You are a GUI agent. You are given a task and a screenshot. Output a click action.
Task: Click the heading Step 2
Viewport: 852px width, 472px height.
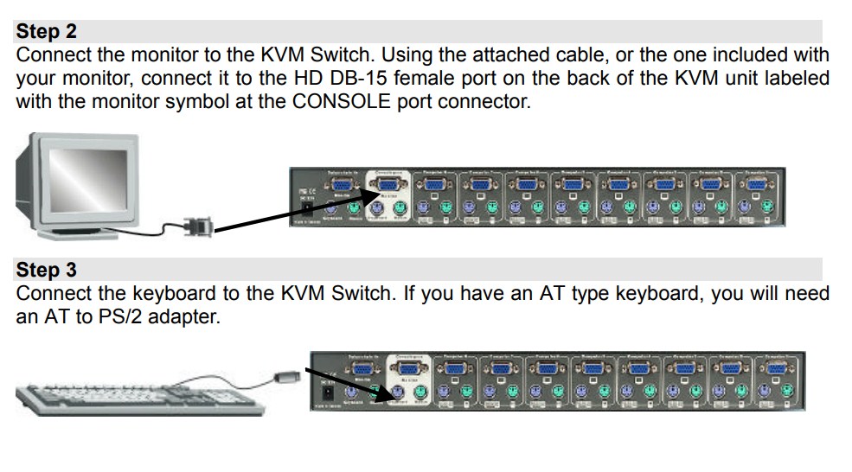click(x=47, y=32)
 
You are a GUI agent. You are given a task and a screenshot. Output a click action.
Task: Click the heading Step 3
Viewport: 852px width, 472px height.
click(x=47, y=270)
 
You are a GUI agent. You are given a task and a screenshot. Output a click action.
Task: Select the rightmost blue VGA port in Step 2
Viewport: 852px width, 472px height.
click(x=757, y=183)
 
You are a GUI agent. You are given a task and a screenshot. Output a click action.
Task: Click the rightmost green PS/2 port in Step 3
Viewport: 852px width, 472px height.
click(x=788, y=391)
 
